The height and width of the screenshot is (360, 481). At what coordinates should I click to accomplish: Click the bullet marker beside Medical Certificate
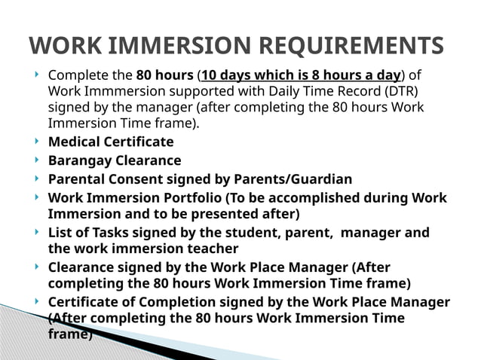pyautogui.click(x=37, y=141)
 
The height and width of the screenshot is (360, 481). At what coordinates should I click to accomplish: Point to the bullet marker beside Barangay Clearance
pyautogui.click(x=37, y=160)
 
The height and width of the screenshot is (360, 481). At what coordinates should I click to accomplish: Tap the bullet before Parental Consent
pyautogui.click(x=37, y=178)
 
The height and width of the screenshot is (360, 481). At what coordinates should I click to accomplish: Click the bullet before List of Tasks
pyautogui.click(x=37, y=232)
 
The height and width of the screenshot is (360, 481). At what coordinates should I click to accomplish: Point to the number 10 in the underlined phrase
pyautogui.click(x=211, y=76)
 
